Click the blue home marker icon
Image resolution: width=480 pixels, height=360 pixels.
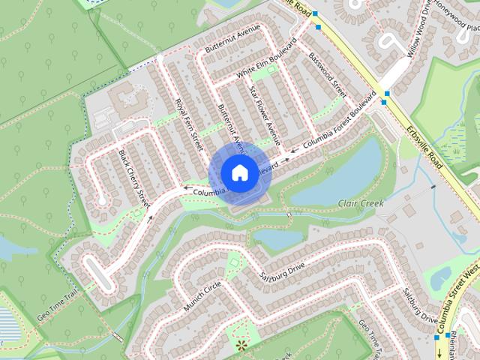pos(239,172)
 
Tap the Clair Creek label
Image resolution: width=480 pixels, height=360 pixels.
pos(361,203)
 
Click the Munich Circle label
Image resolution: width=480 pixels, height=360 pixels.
pos(202,297)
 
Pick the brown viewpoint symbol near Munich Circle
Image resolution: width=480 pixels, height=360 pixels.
pos(241,344)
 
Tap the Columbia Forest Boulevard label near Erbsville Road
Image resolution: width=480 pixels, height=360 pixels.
pos(339,121)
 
